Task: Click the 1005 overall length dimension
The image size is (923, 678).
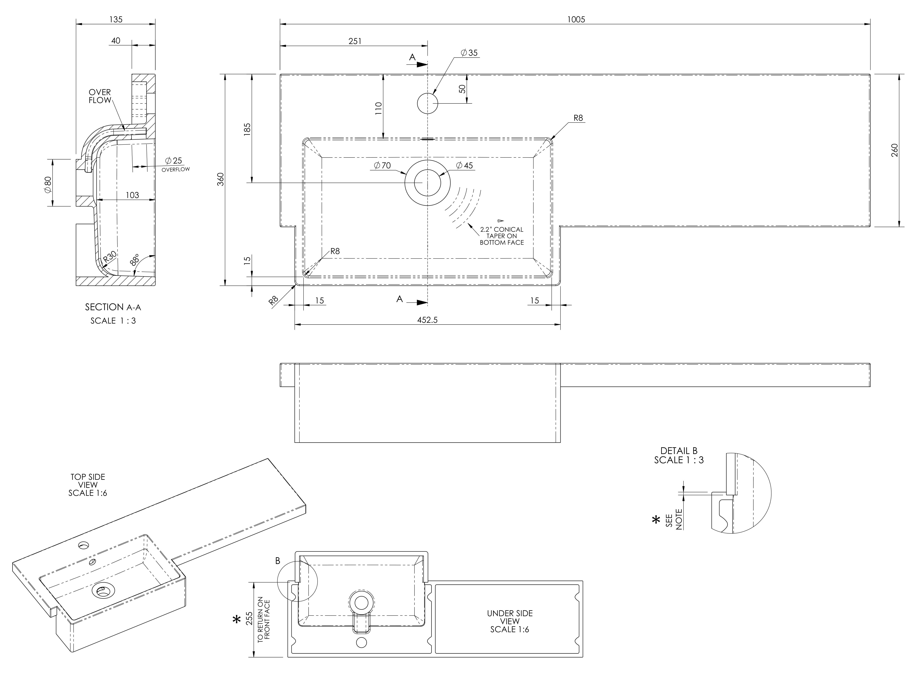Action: tap(576, 19)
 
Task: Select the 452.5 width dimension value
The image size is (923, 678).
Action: tap(427, 320)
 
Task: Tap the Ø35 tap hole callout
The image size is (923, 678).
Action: tap(469, 53)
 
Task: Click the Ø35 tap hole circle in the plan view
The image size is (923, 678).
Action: tap(427, 103)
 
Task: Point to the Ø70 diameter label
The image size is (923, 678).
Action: tap(382, 165)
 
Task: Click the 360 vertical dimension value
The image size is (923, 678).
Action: tap(221, 179)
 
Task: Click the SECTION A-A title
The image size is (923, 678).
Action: tap(113, 307)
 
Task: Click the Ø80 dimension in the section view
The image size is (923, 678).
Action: tap(48, 185)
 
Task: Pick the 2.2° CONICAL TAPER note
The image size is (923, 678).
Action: tap(502, 236)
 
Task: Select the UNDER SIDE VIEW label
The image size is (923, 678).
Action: tap(510, 621)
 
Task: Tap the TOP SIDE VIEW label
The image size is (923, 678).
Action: tap(88, 485)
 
